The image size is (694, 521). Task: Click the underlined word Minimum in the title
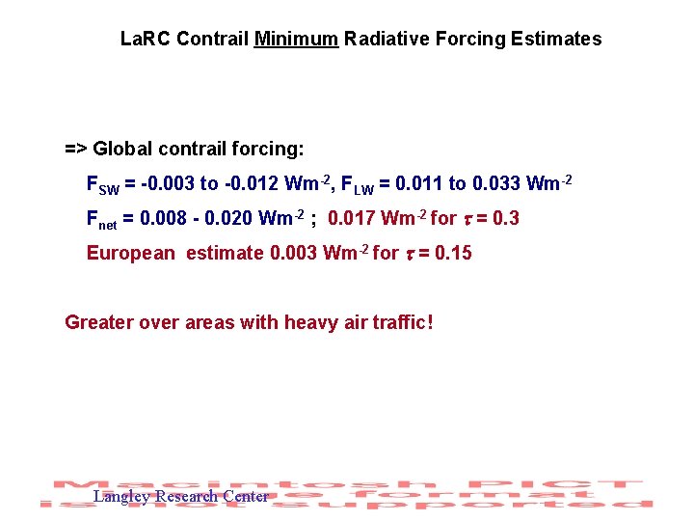pyautogui.click(x=296, y=40)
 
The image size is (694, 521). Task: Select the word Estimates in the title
pyautogui.click(x=558, y=40)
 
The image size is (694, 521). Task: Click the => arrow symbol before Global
pyautogui.click(x=76, y=150)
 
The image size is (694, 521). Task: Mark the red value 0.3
pyautogui.click(x=505, y=218)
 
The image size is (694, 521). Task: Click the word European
pyautogui.click(x=131, y=254)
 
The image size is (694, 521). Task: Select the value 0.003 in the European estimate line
pyautogui.click(x=295, y=253)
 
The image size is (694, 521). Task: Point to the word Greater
pyautogui.click(x=99, y=322)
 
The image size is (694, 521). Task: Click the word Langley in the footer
pyautogui.click(x=121, y=497)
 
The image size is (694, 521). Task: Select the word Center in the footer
pyautogui.click(x=246, y=497)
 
